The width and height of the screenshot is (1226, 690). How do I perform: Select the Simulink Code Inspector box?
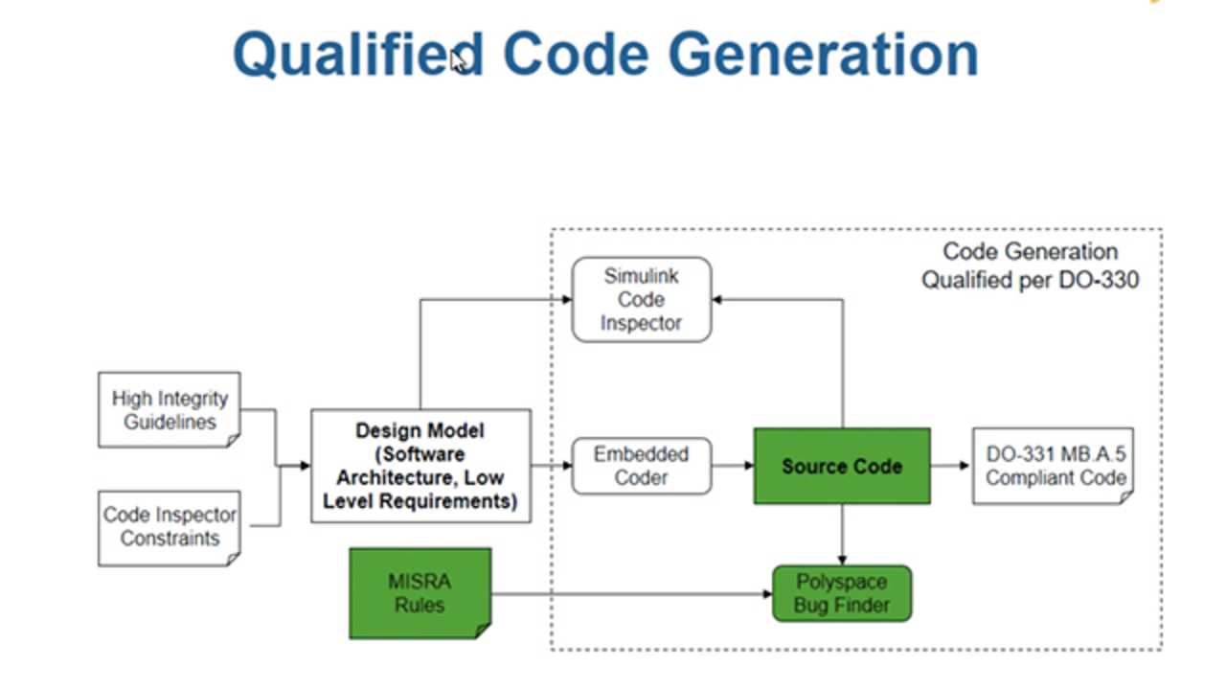point(641,299)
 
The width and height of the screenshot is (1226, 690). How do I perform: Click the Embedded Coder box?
point(641,466)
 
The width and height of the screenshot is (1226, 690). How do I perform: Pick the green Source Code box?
point(841,466)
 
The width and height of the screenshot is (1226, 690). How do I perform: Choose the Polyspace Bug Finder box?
point(841,593)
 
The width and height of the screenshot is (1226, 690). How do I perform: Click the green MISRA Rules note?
point(420,592)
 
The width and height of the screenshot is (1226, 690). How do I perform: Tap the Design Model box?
point(420,466)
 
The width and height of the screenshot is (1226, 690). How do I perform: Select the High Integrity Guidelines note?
point(170,409)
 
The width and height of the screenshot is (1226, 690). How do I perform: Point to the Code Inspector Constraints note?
point(170,526)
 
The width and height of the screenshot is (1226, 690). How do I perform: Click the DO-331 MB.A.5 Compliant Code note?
point(1053,466)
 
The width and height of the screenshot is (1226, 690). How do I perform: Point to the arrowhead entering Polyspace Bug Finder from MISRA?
point(767,594)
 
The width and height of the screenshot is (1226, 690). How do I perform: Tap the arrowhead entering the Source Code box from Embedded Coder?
point(749,467)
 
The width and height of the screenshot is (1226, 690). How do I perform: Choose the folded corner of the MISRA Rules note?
point(483,631)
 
